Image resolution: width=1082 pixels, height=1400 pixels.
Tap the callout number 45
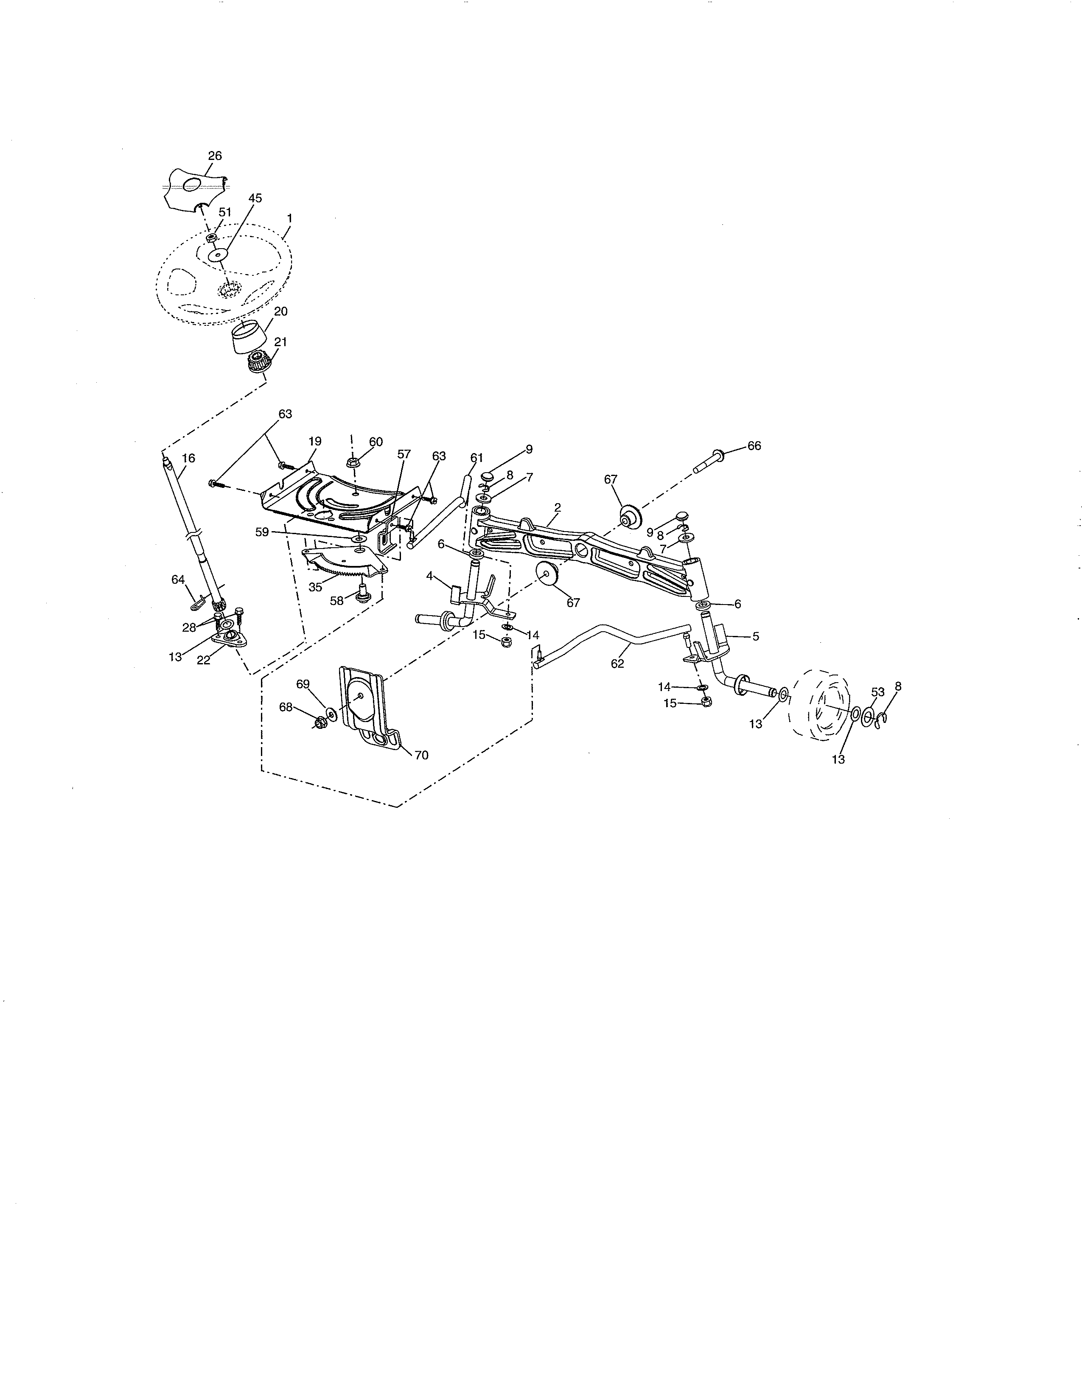coord(255,199)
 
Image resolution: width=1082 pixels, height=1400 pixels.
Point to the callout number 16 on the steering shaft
coord(188,458)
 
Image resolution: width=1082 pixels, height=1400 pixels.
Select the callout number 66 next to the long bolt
coord(754,445)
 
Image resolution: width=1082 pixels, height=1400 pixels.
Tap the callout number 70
coord(421,755)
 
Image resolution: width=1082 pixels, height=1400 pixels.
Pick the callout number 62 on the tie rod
coord(617,664)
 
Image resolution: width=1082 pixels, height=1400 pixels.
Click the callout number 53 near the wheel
coord(877,692)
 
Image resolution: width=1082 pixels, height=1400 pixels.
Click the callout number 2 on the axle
coord(557,507)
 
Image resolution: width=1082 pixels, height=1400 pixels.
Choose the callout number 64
coord(177,580)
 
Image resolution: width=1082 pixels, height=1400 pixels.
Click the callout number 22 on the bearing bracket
coord(203,660)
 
